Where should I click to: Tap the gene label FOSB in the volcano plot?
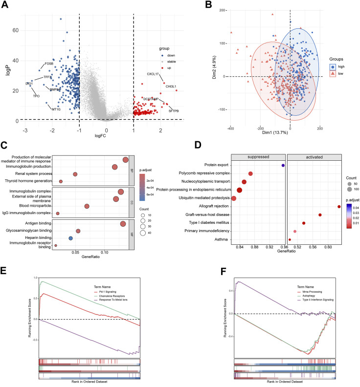[49, 64]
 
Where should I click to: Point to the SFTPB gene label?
[174, 111]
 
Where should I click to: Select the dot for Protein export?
[283, 166]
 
